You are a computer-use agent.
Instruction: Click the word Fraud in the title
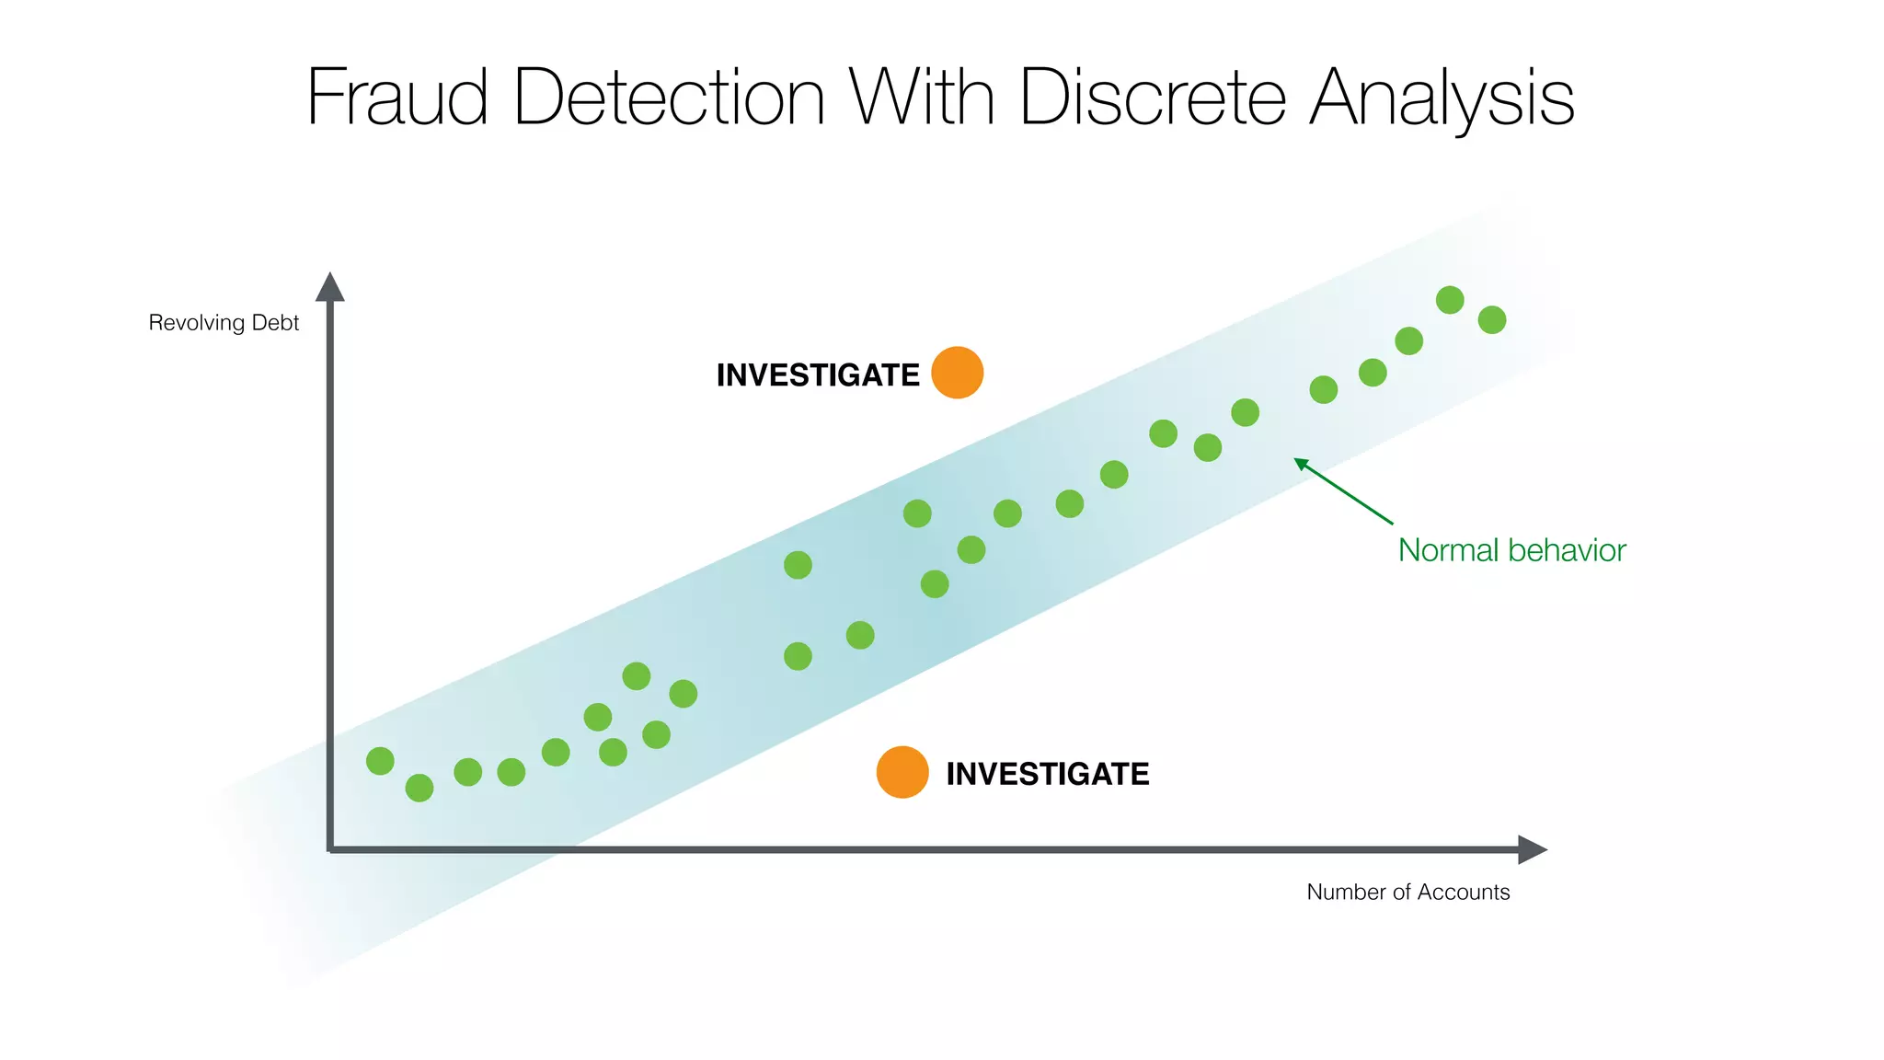[x=396, y=98]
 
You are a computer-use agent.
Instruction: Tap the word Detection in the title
[x=669, y=98]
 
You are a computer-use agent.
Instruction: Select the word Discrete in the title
[x=1152, y=98]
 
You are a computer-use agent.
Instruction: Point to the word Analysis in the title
[x=1442, y=99]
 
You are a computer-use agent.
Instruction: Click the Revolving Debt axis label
[x=224, y=323]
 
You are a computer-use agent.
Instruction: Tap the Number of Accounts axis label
[x=1407, y=892]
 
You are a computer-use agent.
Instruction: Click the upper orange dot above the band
[x=957, y=373]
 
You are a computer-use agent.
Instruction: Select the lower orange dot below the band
[x=902, y=772]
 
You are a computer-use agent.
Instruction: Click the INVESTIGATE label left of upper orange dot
[x=817, y=375]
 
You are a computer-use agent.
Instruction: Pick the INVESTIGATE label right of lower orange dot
[x=1047, y=774]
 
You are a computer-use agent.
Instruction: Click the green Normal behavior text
[x=1511, y=550]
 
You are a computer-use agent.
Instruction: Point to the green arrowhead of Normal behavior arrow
[x=1299, y=462]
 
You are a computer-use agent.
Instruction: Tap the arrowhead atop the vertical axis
[x=329, y=286]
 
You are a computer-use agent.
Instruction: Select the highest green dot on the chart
[x=1450, y=300]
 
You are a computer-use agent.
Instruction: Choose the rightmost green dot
[x=1491, y=320]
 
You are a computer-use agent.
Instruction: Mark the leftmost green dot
[x=380, y=761]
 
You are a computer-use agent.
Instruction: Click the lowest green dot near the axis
[x=419, y=788]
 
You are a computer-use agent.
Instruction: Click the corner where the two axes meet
[x=330, y=849]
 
